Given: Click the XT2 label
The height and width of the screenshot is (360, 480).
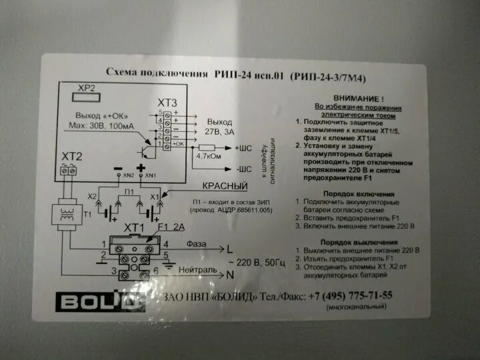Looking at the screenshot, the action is (x=72, y=156).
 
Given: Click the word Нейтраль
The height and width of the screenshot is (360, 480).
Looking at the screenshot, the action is (x=200, y=273).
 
